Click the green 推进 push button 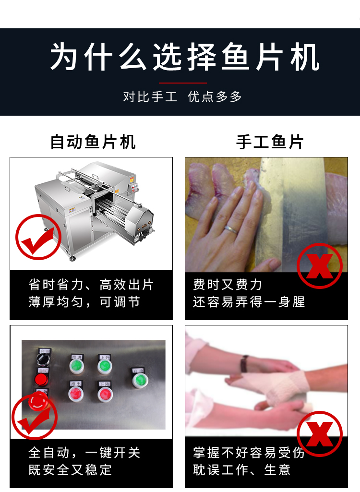(x=76, y=367)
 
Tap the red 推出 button (x=76, y=394)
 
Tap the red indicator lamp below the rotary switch (x=41, y=380)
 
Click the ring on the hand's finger (x=231, y=229)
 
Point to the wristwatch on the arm (x=245, y=363)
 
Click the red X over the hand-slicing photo (x=319, y=266)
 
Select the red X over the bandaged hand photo (x=319, y=433)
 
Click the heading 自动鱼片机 (x=93, y=142)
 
